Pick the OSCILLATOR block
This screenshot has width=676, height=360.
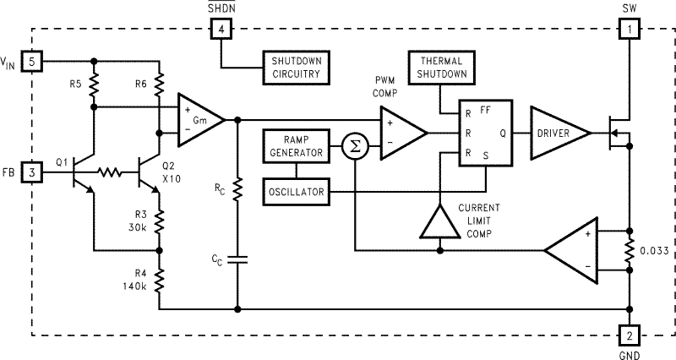point(295,192)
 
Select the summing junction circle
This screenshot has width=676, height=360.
point(356,146)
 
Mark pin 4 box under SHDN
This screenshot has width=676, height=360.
point(221,30)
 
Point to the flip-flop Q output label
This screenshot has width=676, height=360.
point(503,133)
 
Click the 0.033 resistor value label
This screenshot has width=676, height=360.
point(654,250)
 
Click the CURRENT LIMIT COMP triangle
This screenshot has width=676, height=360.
point(439,223)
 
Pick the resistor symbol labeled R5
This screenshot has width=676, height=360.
point(94,84)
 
